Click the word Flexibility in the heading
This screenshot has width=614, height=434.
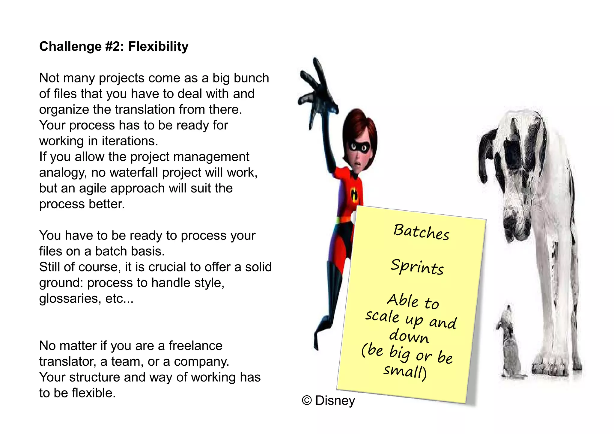pyautogui.click(x=158, y=47)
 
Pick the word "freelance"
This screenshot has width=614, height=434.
pyautogui.click(x=195, y=346)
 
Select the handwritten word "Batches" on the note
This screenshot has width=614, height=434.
pyautogui.click(x=421, y=232)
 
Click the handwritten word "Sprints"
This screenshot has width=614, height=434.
pyautogui.click(x=417, y=267)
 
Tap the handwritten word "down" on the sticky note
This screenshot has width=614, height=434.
pyautogui.click(x=409, y=336)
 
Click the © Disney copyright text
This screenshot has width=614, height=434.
pyautogui.click(x=328, y=401)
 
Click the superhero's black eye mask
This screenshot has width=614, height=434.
pyautogui.click(x=359, y=147)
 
